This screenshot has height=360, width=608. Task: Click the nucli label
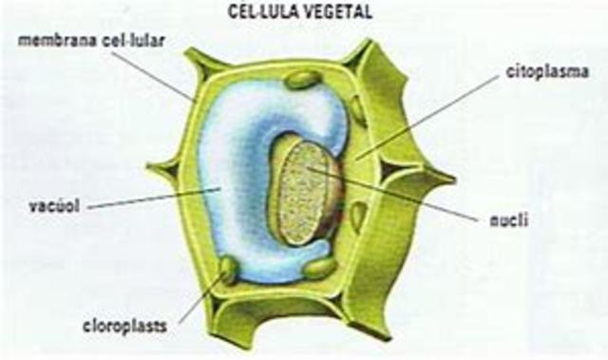(503, 221)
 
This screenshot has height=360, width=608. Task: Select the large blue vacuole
(228, 180)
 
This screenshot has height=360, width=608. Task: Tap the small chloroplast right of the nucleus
(357, 218)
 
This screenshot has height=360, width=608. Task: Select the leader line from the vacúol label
(152, 199)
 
